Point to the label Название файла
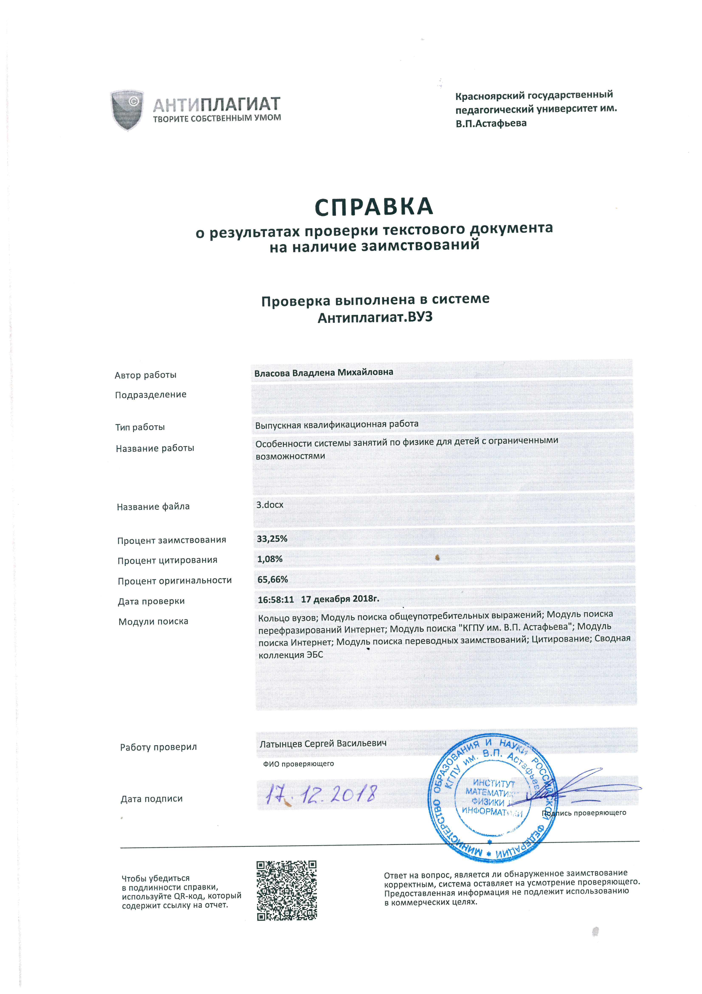tap(153, 507)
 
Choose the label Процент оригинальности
tap(175, 581)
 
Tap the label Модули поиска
tap(154, 622)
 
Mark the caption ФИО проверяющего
tap(299, 764)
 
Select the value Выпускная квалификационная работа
tap(337, 424)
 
